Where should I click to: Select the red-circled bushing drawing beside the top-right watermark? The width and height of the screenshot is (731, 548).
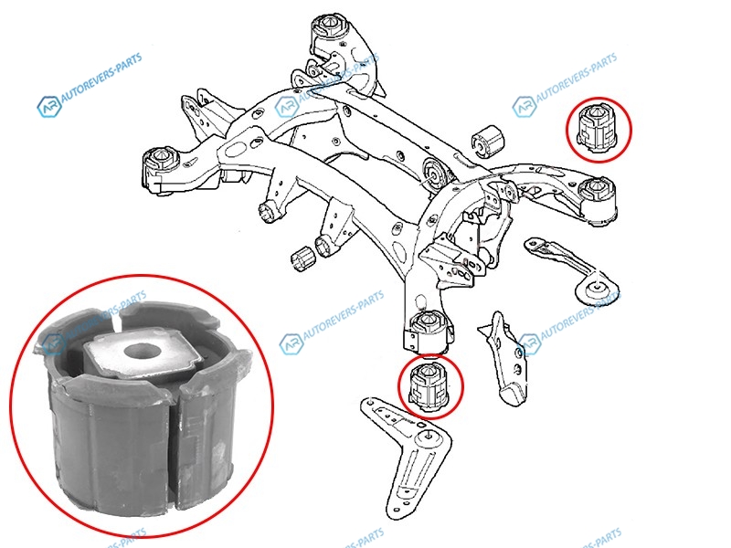pos(598,129)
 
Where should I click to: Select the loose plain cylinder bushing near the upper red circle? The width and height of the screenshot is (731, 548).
pos(488,141)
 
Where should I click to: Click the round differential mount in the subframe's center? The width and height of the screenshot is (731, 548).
pos(435,175)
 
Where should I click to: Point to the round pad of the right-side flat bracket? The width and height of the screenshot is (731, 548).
pos(599,289)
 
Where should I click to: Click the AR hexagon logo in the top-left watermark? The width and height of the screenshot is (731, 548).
pos(49,107)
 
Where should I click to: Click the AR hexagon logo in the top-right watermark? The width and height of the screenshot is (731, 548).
pos(524,107)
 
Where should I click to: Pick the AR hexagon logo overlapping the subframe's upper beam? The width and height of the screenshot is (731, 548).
pos(286,107)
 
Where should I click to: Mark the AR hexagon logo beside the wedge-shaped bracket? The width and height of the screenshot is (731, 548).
pos(529,344)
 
